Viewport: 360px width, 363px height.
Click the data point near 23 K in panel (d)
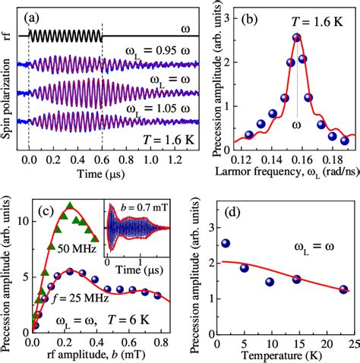[x=343, y=289]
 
